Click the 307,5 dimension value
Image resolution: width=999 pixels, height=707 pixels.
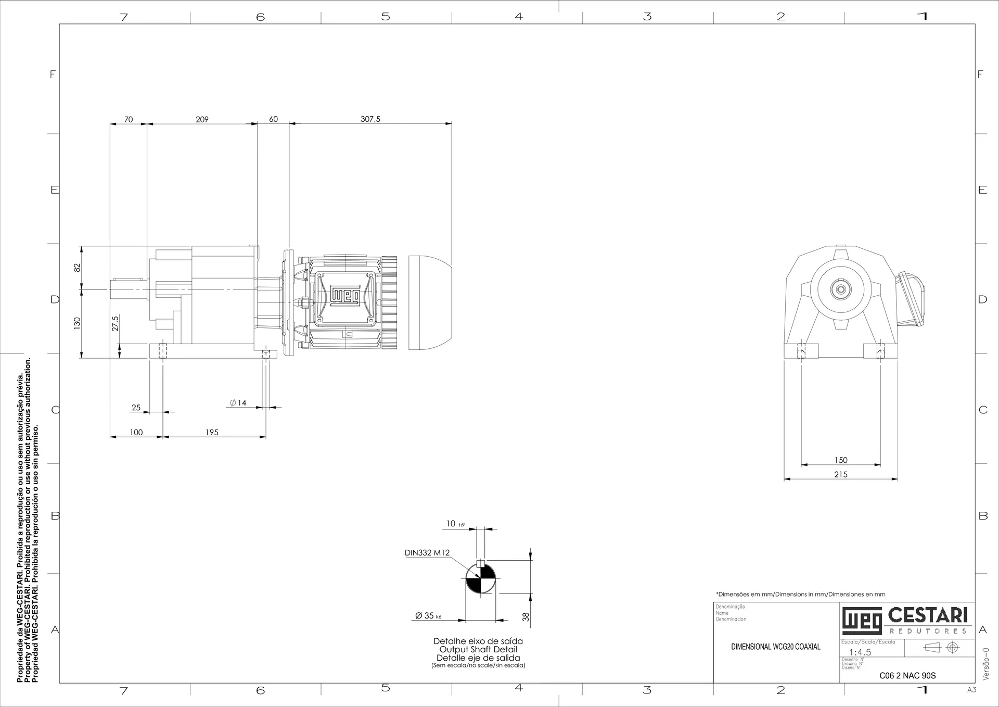click(370, 119)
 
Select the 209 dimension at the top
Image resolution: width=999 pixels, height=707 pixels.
click(202, 119)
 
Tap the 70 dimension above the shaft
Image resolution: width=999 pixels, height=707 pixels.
click(128, 119)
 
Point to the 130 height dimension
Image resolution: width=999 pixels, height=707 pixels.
click(77, 323)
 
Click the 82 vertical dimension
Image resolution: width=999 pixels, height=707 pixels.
click(77, 268)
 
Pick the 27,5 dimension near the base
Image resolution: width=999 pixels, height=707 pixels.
click(116, 323)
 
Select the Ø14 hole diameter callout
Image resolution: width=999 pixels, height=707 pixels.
click(238, 402)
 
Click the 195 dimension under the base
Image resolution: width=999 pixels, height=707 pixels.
click(212, 432)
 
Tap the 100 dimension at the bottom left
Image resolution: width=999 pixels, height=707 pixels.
click(136, 432)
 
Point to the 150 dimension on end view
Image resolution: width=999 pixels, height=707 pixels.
click(841, 460)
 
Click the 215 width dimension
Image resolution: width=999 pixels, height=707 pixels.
click(841, 474)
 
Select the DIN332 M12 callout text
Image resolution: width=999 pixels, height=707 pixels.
click(427, 553)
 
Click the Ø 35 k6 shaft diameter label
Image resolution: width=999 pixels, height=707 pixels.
click(428, 615)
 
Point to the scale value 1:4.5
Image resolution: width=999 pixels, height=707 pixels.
click(860, 652)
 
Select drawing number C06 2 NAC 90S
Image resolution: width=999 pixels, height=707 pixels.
click(907, 676)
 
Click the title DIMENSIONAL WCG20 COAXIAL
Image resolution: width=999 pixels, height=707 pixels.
click(775, 647)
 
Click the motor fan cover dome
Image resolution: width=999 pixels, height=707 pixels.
click(429, 302)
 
